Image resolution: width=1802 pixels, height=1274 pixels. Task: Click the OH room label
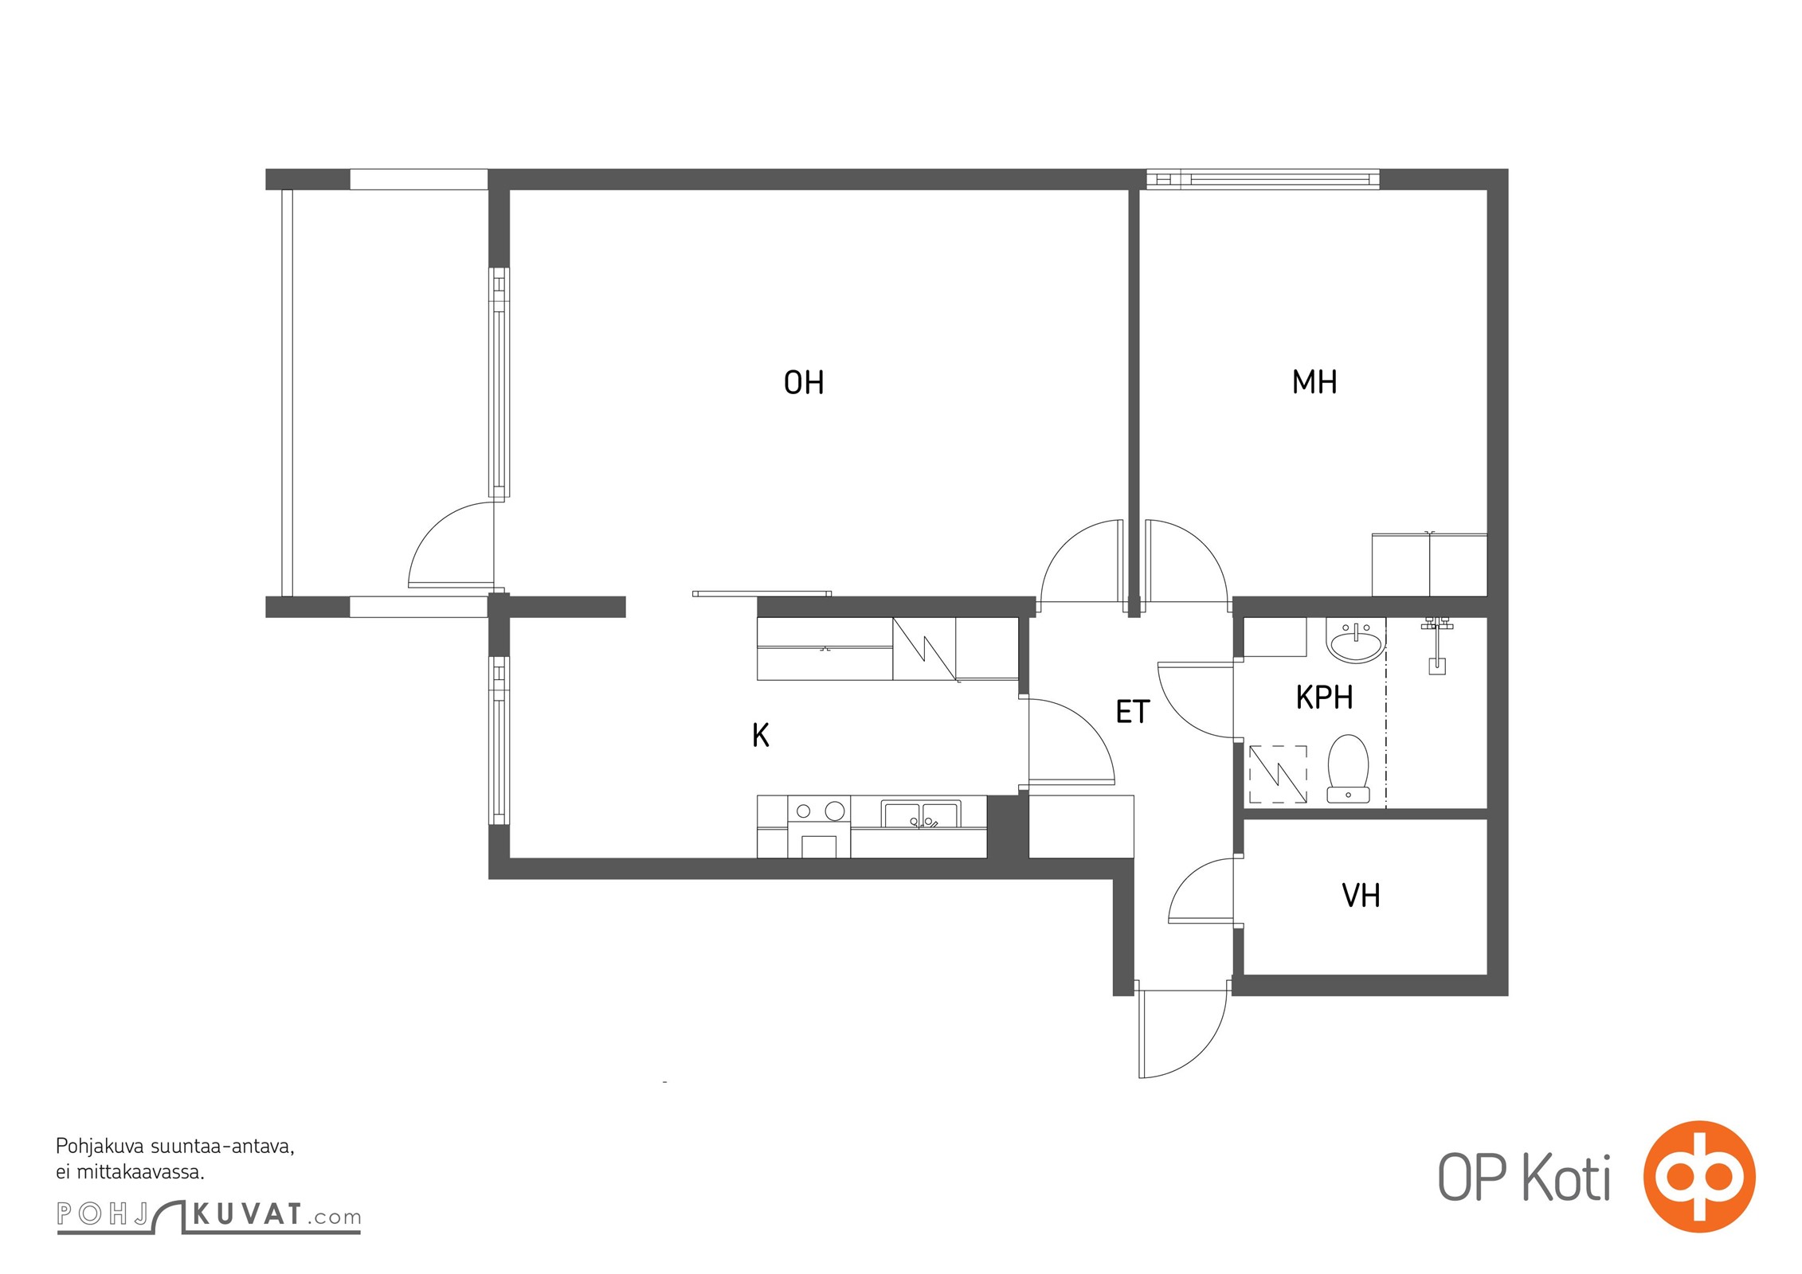point(804,383)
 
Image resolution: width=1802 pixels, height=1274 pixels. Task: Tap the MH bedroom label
point(1314,382)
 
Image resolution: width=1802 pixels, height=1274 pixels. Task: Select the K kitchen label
point(761,735)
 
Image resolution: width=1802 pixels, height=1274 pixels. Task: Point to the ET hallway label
point(1133,712)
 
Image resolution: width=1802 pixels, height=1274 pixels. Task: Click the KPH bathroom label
point(1324,698)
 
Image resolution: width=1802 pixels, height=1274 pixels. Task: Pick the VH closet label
point(1361,896)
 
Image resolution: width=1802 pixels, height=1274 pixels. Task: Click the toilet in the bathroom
point(1348,768)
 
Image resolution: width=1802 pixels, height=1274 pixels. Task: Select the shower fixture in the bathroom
point(1436,645)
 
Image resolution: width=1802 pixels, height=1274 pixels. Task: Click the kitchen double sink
point(921,815)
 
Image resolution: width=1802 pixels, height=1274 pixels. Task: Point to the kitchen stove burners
point(819,811)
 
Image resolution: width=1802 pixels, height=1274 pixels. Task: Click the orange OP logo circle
point(1699,1177)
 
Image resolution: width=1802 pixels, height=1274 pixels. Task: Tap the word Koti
point(1567,1178)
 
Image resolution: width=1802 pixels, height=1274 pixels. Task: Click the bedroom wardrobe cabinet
point(1429,565)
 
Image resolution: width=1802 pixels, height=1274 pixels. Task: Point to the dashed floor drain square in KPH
point(1278,774)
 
